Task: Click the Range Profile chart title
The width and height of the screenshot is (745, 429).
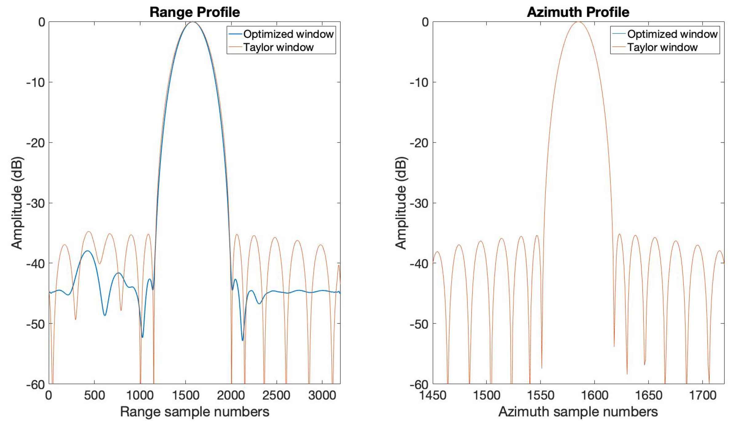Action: (195, 12)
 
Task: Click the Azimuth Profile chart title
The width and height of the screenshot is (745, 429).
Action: (578, 12)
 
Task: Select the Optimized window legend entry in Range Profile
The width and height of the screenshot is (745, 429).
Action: (288, 34)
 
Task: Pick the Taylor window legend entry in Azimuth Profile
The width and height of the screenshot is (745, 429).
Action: (662, 47)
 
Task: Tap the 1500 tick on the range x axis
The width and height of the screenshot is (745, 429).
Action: (185, 395)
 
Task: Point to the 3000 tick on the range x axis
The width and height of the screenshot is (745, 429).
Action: (322, 395)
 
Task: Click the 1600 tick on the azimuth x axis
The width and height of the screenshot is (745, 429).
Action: (594, 395)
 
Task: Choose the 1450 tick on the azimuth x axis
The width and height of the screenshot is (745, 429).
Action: (433, 395)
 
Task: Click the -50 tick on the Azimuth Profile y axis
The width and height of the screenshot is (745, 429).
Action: (419, 324)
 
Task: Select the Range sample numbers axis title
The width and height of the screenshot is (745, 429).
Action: (195, 412)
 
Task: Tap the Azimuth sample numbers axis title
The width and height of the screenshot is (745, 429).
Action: (578, 412)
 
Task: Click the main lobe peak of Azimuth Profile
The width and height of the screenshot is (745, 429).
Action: (578, 22)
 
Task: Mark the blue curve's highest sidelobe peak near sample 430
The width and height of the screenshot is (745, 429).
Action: (88, 251)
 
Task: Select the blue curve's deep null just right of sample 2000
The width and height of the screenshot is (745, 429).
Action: (242, 340)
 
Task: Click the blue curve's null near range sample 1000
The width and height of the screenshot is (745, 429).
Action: (142, 337)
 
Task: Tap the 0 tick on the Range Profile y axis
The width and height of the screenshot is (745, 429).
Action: (42, 22)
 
